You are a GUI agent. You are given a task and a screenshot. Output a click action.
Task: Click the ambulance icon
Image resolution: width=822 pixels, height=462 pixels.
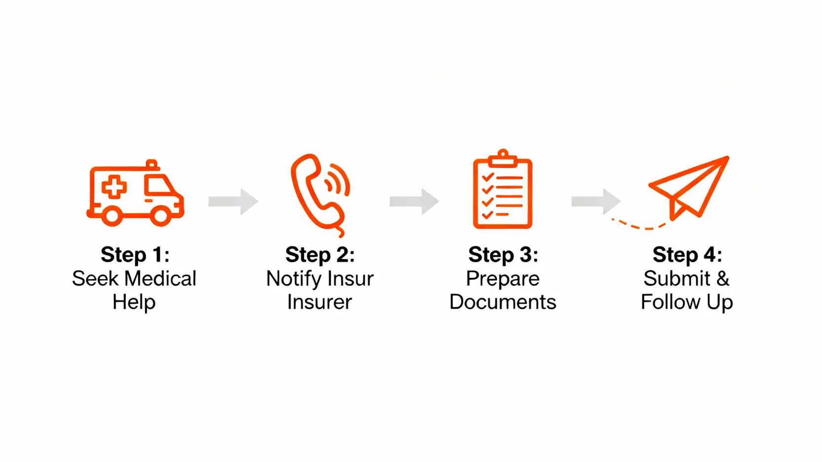[135, 193]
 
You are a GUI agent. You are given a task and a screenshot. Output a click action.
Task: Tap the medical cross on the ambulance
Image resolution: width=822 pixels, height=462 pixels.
[114, 187]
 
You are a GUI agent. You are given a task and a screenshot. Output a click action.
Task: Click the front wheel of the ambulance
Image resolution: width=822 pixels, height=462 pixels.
[160, 215]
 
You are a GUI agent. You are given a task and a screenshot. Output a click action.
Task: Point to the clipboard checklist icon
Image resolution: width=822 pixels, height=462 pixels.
[502, 192]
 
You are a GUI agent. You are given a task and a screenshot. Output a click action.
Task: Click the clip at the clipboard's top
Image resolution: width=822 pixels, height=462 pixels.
[503, 157]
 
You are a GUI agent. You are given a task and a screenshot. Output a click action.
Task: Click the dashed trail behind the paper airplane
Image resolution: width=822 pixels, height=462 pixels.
[639, 226]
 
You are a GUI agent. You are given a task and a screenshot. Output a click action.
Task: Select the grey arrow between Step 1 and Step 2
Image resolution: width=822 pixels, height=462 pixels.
[233, 201]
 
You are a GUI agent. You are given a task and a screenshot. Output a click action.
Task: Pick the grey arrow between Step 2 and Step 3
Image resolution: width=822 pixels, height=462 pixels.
[414, 201]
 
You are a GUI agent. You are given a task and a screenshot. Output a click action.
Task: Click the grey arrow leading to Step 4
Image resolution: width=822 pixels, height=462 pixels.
[596, 201]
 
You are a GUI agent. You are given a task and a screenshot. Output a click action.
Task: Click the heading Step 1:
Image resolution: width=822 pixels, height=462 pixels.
[135, 255]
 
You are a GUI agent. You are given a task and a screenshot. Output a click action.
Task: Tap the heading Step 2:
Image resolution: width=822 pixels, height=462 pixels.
[320, 255]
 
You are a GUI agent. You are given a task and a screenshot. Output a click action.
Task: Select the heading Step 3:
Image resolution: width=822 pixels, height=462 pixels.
[503, 255]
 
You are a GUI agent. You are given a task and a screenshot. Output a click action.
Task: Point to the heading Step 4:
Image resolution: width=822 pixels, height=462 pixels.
[687, 255]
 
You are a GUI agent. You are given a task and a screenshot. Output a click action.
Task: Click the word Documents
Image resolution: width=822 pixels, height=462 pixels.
[503, 302]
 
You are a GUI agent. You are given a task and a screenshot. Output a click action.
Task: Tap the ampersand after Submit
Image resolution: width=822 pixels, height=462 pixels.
[723, 279]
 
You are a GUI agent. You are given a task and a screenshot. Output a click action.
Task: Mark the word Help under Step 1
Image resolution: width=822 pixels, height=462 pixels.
[134, 302]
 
